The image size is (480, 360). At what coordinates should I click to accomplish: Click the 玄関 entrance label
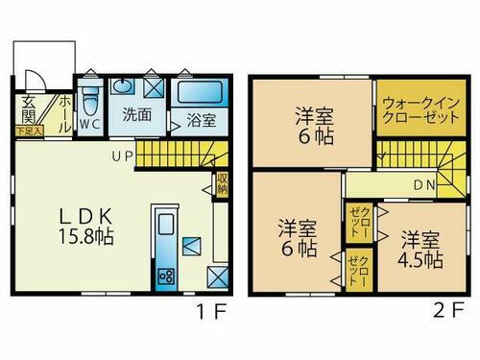tap(28, 111)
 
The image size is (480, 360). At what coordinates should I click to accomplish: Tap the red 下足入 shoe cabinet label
tap(28, 131)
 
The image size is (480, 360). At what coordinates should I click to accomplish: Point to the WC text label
tap(90, 124)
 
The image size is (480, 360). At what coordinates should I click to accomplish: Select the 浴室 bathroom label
tap(201, 121)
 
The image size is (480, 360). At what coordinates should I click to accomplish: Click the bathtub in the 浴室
tap(202, 93)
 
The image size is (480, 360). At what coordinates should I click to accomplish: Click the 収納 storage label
tap(222, 183)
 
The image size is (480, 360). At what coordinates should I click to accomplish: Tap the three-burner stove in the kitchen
tap(164, 276)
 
